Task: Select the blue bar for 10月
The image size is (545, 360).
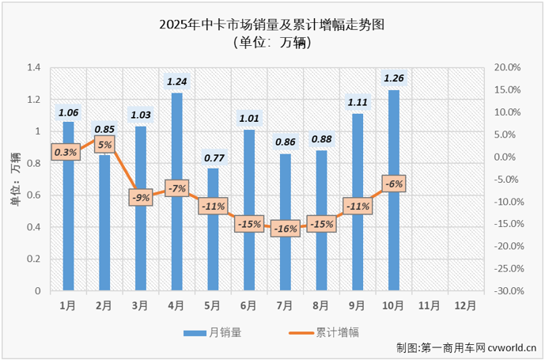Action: [x=393, y=191]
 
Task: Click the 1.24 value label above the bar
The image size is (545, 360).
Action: [x=176, y=81]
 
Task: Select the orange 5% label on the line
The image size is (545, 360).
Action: [x=104, y=145]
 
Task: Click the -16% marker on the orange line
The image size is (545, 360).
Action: [x=285, y=229]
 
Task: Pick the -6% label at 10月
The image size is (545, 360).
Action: [x=393, y=184]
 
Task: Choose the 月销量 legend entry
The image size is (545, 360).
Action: [x=213, y=332]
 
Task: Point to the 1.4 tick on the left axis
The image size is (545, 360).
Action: [x=34, y=68]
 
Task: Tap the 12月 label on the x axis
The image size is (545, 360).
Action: [x=466, y=305]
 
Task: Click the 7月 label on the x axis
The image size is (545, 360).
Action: [x=285, y=305]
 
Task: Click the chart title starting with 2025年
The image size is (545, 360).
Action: [x=273, y=25]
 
